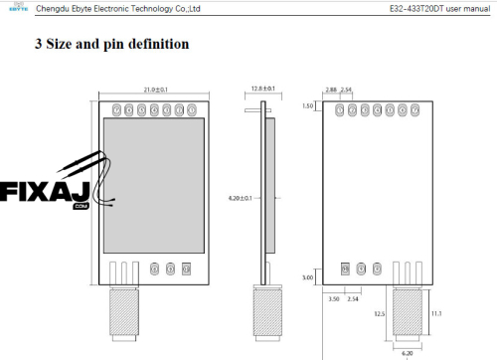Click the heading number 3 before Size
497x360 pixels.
pyautogui.click(x=39, y=45)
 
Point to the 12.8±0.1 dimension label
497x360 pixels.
pyautogui.click(x=261, y=90)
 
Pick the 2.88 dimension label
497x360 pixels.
pyautogui.click(x=331, y=90)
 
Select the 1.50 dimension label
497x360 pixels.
pyautogui.click(x=306, y=105)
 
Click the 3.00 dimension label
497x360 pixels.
pyautogui.click(x=307, y=278)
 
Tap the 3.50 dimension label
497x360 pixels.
pyautogui.click(x=336, y=297)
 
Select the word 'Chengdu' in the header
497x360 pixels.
pyautogui.click(x=51, y=8)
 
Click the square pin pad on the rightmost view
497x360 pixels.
pyautogui.click(x=345, y=269)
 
